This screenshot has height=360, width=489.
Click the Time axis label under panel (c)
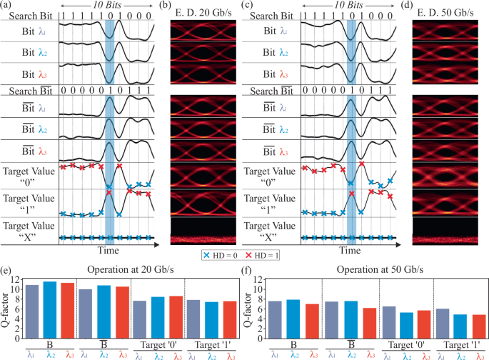pyautogui.click(x=349, y=251)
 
